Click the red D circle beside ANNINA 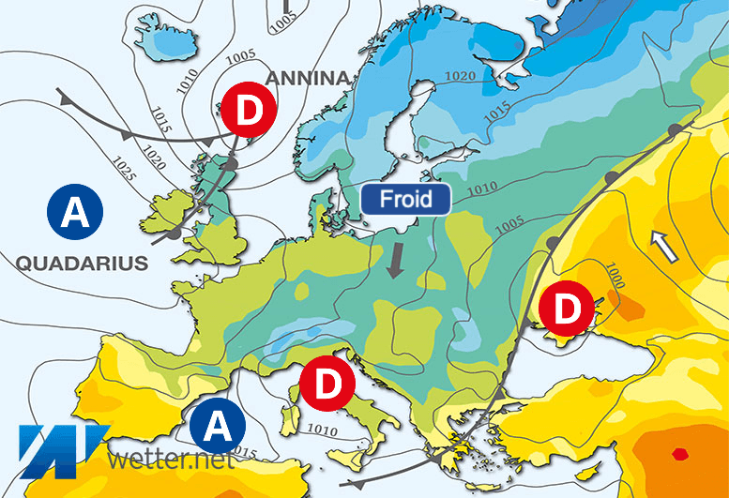[x=250, y=111]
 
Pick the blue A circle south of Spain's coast [x=217, y=425]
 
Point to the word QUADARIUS [x=82, y=264]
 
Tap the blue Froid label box [x=406, y=199]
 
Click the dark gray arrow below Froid [x=396, y=260]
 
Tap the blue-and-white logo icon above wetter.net [x=59, y=448]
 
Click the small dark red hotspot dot [x=678, y=455]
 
